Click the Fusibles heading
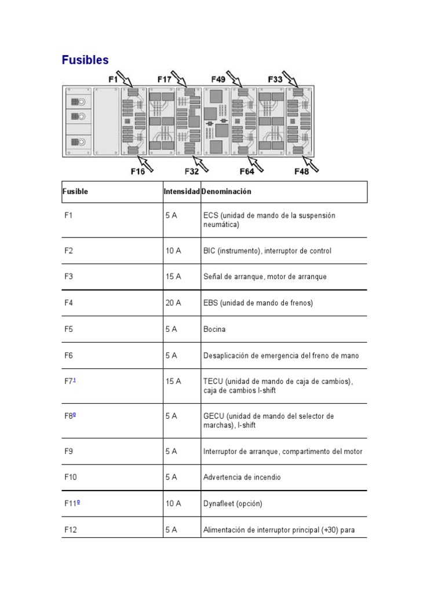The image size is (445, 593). tap(85, 60)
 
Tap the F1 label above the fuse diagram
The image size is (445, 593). tap(114, 79)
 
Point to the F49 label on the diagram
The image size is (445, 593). tap(218, 79)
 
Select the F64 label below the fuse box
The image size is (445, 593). tap(247, 171)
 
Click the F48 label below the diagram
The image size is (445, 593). tap(302, 171)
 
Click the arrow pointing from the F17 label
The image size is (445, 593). tap(180, 80)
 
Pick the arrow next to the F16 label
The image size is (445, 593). tap(149, 166)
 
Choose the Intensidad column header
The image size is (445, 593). tap(182, 191)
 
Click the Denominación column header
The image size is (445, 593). tap(227, 191)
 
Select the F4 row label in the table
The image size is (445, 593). tap(69, 303)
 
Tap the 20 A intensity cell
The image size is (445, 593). tap(173, 303)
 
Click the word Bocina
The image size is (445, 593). tap(214, 330)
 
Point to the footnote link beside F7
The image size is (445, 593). tap(74, 379)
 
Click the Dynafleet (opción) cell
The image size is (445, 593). tap(233, 504)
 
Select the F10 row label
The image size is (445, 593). tap(71, 477)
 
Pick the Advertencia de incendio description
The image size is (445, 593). tap(242, 477)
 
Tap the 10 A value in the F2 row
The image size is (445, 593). tap(173, 251)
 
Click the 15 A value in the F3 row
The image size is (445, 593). tap(173, 277)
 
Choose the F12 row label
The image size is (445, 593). tap(71, 529)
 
